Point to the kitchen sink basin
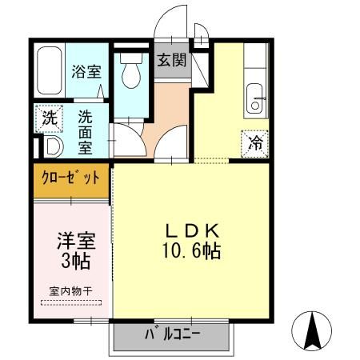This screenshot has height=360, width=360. [257, 95]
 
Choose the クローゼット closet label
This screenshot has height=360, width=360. [70, 178]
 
